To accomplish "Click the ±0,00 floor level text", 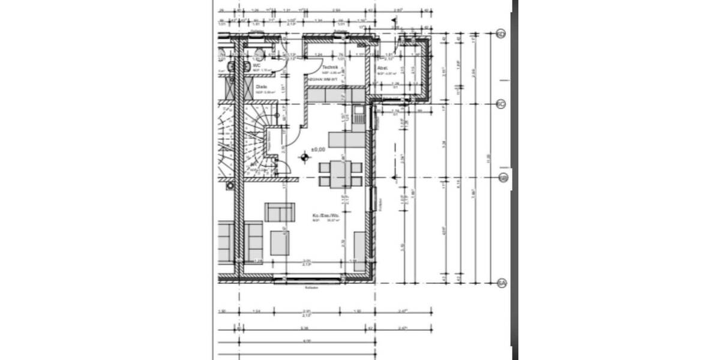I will [318, 149].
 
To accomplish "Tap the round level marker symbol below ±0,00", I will [304, 158].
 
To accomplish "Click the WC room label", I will [256, 65].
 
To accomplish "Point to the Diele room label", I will [261, 87].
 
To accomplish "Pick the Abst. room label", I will [382, 68].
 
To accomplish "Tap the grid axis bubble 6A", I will [502, 283].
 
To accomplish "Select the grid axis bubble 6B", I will [503, 178].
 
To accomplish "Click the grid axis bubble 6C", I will [502, 104].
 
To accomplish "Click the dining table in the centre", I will [341, 174].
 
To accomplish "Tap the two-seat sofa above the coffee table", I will [280, 212].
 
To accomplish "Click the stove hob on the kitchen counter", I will [358, 113].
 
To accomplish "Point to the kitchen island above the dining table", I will [346, 140].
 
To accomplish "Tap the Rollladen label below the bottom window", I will [311, 288].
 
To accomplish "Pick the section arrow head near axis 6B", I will [394, 177].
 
